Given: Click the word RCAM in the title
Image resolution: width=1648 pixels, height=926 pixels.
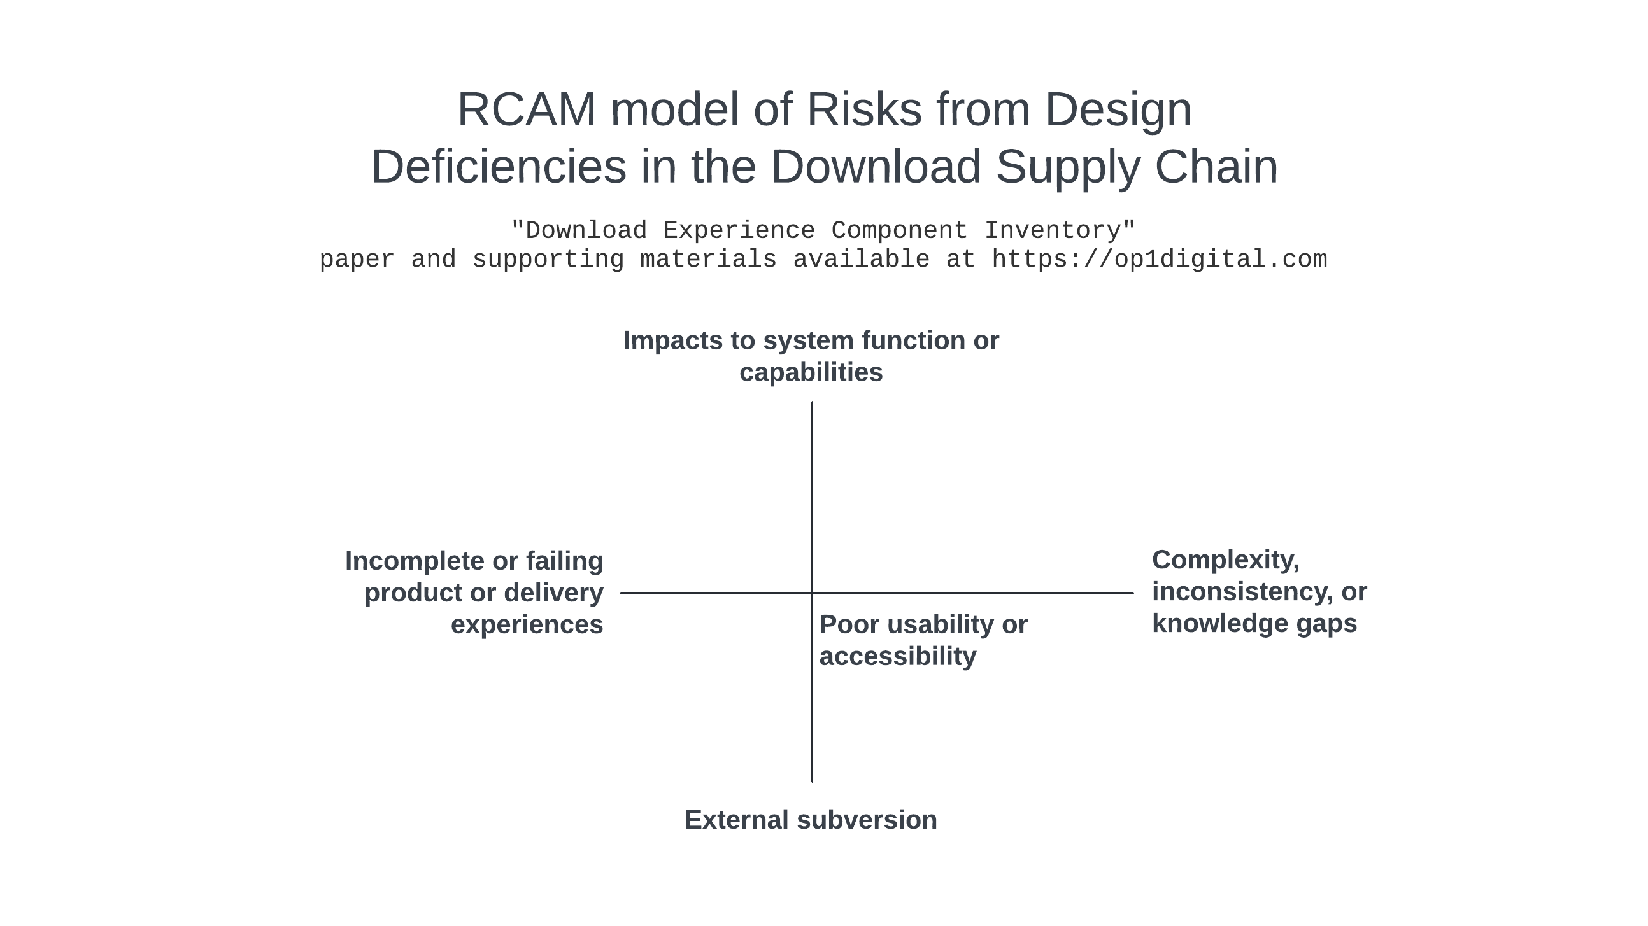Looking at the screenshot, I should pos(526,110).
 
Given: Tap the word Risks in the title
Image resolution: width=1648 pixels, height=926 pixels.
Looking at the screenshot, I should pos(863,110).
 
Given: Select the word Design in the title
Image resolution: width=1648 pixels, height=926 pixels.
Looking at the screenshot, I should pos(1118,110).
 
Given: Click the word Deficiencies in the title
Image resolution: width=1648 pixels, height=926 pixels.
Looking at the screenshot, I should pos(499,167).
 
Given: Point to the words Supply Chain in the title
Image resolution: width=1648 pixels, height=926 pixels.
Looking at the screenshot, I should pos(1137,167).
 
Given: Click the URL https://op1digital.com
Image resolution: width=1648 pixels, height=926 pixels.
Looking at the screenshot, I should pos(1158,260).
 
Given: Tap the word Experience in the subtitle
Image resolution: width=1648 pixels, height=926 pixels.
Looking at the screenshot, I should pos(738,230).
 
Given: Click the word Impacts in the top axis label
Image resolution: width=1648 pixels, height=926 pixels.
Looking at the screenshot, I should pos(673,341).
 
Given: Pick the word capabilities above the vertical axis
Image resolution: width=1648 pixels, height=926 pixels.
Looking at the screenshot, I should pos(811,373).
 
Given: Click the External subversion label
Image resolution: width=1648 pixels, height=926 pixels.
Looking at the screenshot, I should pos(811,820).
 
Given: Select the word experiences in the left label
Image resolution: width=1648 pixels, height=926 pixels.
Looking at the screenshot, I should pos(527,625).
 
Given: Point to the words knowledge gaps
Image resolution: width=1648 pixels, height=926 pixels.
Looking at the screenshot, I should pos(1254,624).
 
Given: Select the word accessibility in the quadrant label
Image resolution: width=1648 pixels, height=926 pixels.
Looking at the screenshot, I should pos(898,657).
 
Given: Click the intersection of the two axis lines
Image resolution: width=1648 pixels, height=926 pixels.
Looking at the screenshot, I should pos(812,593).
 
